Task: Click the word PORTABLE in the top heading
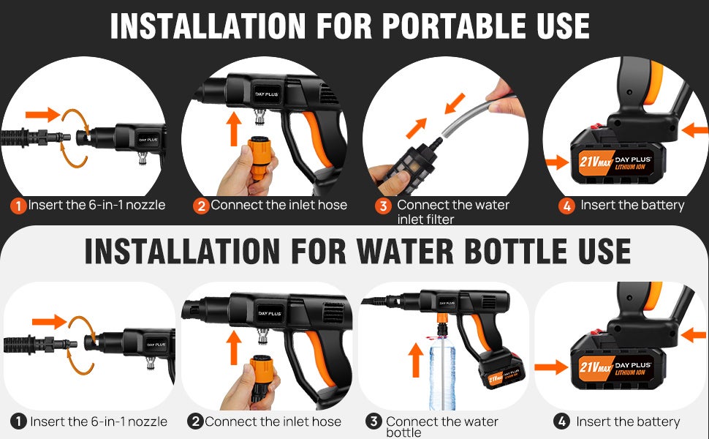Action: tap(455, 26)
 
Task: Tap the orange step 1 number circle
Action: tap(18, 206)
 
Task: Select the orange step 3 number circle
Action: tap(382, 206)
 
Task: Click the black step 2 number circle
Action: tap(195, 421)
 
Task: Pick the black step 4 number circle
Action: tap(561, 421)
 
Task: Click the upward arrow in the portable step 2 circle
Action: tap(234, 129)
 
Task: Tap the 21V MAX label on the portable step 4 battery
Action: tap(595, 162)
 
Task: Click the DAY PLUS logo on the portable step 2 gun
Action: tap(266, 94)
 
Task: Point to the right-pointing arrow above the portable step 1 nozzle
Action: tap(42, 114)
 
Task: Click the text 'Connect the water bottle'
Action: tap(441, 427)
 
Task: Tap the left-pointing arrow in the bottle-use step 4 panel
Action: tap(693, 335)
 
